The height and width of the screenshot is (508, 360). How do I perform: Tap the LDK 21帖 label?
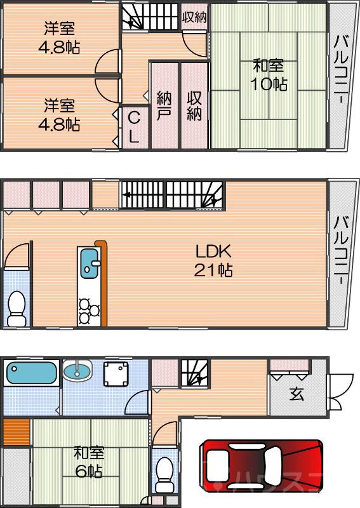213,260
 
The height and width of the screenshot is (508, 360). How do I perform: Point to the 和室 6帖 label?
88,462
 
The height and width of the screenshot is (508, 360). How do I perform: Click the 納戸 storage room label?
164,105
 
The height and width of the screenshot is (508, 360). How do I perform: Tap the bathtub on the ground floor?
31,372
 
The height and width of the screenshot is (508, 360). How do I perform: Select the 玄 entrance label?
297,394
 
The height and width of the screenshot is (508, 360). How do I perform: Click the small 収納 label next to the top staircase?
195,17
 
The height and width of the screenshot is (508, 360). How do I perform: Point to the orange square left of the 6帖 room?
15,432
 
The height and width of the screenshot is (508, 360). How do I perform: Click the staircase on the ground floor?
195,373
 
